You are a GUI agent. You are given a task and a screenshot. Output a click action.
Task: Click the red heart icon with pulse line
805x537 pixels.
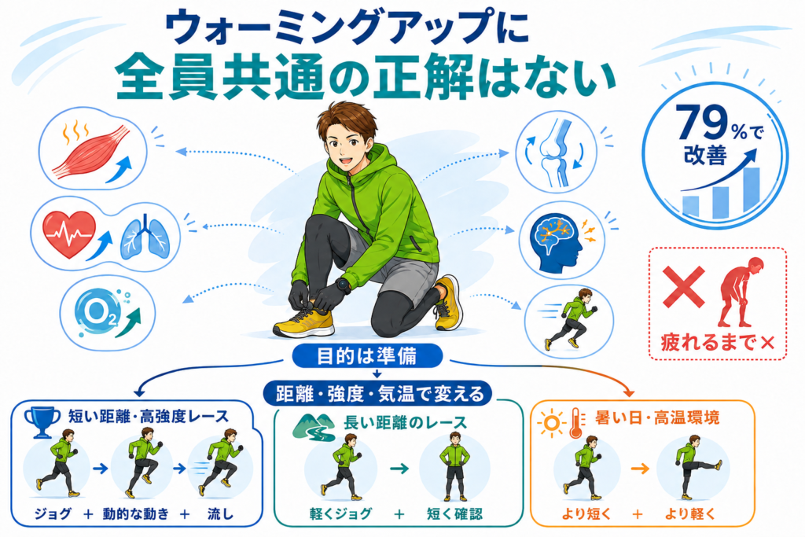point(69,234)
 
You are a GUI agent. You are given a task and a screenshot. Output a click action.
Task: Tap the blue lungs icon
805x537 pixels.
point(145,236)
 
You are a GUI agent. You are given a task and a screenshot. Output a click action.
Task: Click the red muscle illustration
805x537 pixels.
point(91,152)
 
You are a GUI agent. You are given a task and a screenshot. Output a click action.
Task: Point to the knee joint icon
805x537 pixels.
point(555,152)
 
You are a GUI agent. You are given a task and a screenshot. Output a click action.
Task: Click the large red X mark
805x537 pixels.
point(683,287)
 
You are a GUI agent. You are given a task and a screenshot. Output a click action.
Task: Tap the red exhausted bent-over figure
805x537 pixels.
point(740,292)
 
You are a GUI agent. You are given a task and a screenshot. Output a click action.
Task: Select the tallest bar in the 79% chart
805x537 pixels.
point(752,190)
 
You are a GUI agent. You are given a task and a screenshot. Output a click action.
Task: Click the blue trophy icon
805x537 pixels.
point(42,421)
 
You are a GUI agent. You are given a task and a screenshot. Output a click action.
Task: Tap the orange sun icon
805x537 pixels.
point(551,423)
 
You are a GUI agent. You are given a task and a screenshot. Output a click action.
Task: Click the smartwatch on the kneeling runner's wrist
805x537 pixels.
point(343,285)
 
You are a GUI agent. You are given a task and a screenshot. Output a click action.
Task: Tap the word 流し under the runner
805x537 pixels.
point(221,513)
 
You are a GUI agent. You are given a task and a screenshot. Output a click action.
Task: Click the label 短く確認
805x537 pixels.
point(455,513)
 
